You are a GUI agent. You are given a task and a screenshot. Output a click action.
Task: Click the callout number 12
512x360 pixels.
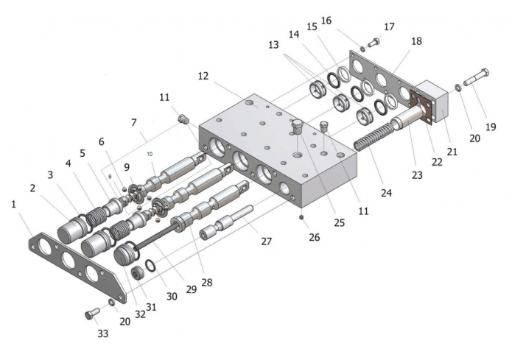[x=203, y=76]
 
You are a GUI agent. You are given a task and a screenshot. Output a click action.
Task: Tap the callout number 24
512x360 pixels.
[x=386, y=193]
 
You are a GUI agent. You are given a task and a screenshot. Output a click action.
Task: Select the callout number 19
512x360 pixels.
[x=491, y=127]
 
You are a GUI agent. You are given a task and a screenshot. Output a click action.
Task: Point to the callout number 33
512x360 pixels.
[x=103, y=333]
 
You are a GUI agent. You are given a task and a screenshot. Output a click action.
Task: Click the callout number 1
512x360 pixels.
[x=14, y=205]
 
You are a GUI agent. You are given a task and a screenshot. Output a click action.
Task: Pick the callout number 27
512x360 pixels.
[x=267, y=241]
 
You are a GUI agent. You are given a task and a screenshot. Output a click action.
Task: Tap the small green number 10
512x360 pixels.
[x=150, y=154]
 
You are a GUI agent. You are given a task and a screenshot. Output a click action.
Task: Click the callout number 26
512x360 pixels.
[x=315, y=237]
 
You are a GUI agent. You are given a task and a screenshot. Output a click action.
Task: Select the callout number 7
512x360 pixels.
[x=134, y=123]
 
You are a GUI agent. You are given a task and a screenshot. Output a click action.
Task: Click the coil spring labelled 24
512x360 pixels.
[x=373, y=135]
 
